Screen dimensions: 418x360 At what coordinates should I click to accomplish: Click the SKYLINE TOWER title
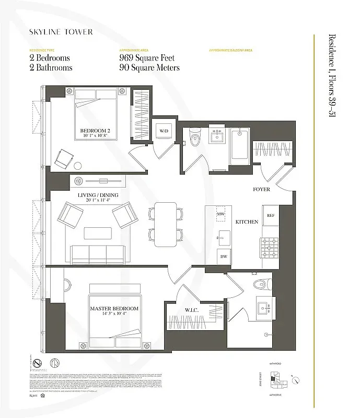tap(62, 32)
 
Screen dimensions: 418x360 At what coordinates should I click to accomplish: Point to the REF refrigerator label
tap(271, 215)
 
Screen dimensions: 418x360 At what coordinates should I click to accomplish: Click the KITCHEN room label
tap(247, 222)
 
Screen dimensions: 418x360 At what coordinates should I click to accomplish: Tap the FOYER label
tap(261, 189)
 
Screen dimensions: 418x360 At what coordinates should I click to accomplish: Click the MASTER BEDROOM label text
tap(113, 308)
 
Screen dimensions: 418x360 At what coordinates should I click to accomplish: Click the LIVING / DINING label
tap(98, 195)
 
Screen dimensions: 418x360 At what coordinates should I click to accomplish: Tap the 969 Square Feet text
tap(146, 58)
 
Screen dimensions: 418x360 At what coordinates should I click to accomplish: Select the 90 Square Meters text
tap(149, 68)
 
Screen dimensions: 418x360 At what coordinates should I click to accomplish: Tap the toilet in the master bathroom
tap(259, 284)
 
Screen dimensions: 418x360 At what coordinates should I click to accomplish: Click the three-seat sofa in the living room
tap(97, 253)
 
